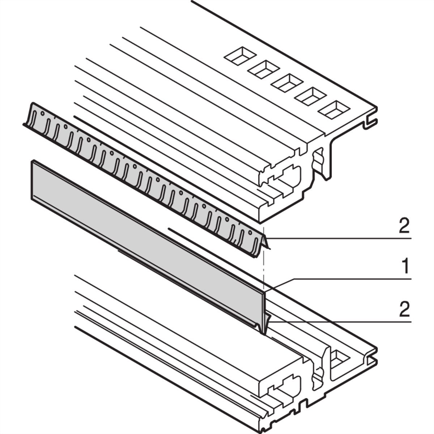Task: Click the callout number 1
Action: coord(405,268)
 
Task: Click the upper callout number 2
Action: coord(404,226)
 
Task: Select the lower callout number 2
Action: coord(404,310)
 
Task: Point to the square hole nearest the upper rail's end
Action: coord(336,109)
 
